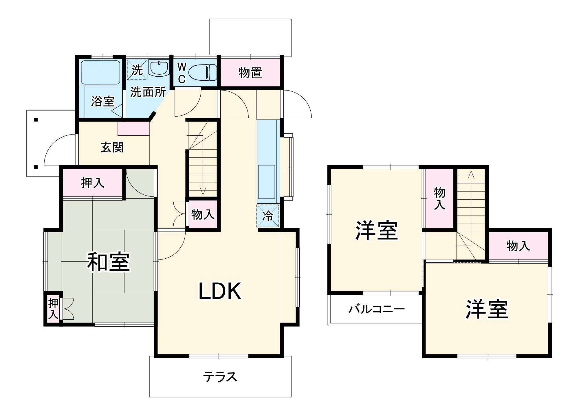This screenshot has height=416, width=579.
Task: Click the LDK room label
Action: click(220, 291)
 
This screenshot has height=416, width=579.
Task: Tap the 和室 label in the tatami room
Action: click(109, 262)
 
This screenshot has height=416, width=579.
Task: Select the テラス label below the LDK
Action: click(220, 377)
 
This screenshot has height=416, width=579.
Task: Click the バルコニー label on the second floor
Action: click(376, 309)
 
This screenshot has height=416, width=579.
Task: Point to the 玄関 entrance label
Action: click(112, 147)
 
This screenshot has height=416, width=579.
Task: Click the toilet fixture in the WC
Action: click(203, 72)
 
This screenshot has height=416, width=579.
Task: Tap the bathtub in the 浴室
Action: click(100, 72)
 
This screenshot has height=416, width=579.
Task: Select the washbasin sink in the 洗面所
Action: click(159, 68)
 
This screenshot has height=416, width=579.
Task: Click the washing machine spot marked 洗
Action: click(137, 70)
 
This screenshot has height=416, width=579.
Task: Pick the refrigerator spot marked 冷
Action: click(268, 216)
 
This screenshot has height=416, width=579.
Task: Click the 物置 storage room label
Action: click(250, 73)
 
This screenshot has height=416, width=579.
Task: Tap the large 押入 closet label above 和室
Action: click(93, 183)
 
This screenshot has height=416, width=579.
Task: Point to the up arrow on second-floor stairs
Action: click(471, 175)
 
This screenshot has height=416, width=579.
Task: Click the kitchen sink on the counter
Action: click(267, 182)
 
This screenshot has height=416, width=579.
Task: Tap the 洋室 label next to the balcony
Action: click(376, 230)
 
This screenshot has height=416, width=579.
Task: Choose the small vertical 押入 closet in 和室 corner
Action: click(53, 309)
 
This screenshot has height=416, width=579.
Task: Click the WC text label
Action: click(182, 73)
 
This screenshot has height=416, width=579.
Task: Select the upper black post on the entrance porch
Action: click(36, 120)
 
